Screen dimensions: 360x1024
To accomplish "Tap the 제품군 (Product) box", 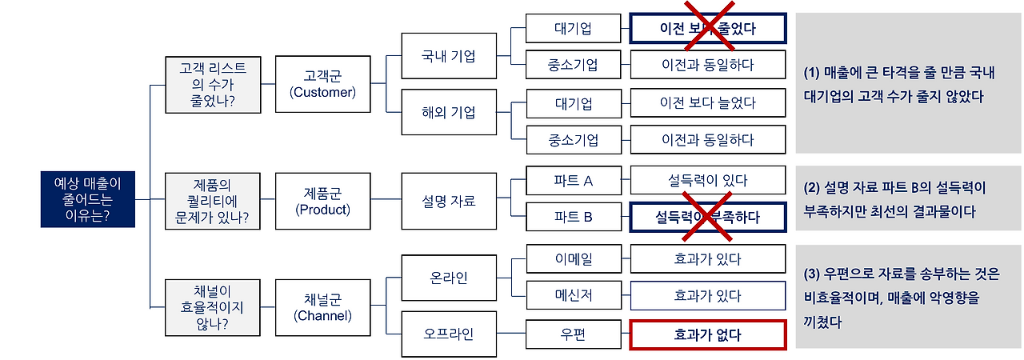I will coord(322,201).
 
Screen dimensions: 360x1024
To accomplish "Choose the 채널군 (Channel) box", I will coord(322,306).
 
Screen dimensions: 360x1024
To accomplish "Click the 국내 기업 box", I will coord(449,57).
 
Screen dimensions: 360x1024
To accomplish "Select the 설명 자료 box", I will coord(449,201).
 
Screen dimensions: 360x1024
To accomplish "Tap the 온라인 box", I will coord(449,278).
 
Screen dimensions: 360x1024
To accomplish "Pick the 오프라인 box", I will coord(449,332).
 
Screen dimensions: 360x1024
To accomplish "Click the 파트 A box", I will coord(574,181).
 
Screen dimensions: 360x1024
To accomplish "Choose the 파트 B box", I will coord(574,217).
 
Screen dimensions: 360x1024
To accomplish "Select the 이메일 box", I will coord(574,259).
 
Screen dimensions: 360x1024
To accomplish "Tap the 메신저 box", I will coord(574,295).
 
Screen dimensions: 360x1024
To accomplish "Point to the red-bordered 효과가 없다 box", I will coord(707,335).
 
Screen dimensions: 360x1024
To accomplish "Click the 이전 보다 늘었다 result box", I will coord(707,103).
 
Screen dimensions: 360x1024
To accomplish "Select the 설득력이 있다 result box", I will coord(707,181).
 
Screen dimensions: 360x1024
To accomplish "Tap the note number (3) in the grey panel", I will coord(814,274).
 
